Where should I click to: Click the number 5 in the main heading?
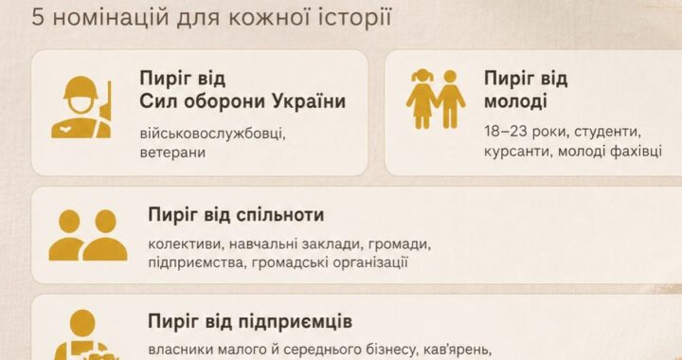(37, 18)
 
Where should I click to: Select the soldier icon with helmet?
(81, 107)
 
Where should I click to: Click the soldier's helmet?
(81, 88)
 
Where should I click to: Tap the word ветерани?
(172, 153)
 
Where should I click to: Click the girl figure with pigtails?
(422, 99)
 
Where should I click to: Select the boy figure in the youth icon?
(451, 99)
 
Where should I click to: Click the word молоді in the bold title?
(515, 101)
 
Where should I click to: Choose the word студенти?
(607, 133)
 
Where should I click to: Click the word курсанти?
(517, 152)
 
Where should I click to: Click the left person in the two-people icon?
(68, 235)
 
